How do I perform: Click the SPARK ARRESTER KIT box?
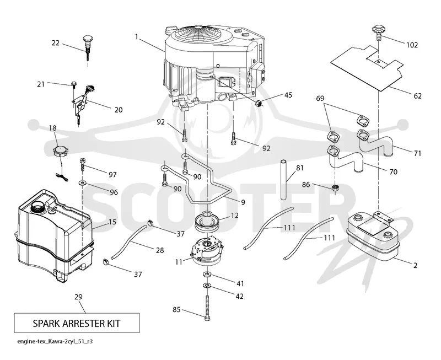pos(77,323)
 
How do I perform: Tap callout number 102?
pos(412,45)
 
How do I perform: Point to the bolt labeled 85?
pos(207,308)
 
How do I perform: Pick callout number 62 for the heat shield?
pos(418,96)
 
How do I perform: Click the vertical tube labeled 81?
pos(284,179)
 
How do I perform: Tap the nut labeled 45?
pos(258,104)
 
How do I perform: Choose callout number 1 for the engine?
pos(137,37)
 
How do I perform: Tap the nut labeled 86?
pos(335,187)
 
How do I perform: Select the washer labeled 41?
pos(207,273)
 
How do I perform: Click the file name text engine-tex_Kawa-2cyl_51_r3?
pos(55,341)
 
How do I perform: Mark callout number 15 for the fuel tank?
pos(112,222)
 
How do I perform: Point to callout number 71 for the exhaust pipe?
pos(418,153)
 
